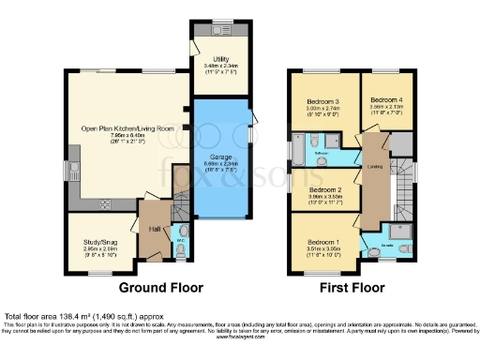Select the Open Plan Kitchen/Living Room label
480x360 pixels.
point(128,127)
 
